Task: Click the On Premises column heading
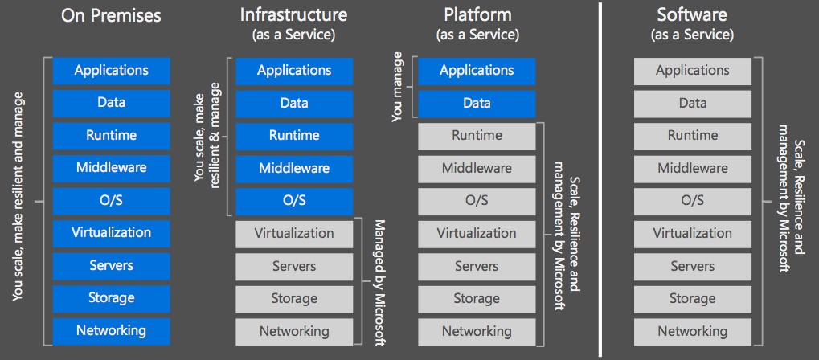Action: (x=111, y=14)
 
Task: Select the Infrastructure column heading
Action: (x=293, y=14)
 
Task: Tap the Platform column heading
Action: (x=477, y=14)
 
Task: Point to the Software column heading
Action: (x=692, y=14)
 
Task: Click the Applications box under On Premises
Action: (x=111, y=71)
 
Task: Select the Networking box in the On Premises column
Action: (x=111, y=330)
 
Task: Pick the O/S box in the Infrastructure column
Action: (x=293, y=201)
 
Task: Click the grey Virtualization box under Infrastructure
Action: (x=293, y=234)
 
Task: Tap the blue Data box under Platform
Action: (x=477, y=104)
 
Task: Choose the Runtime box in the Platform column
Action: (x=477, y=136)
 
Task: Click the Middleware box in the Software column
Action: (x=692, y=169)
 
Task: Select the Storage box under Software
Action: (x=692, y=298)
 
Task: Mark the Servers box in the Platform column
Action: (x=477, y=266)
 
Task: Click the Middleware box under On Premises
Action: (x=111, y=168)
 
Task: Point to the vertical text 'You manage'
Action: (x=396, y=88)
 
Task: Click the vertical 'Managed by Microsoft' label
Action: (x=380, y=281)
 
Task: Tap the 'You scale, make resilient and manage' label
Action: (x=18, y=197)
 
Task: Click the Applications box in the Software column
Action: (x=692, y=71)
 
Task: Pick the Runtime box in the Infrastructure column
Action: (x=293, y=136)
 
